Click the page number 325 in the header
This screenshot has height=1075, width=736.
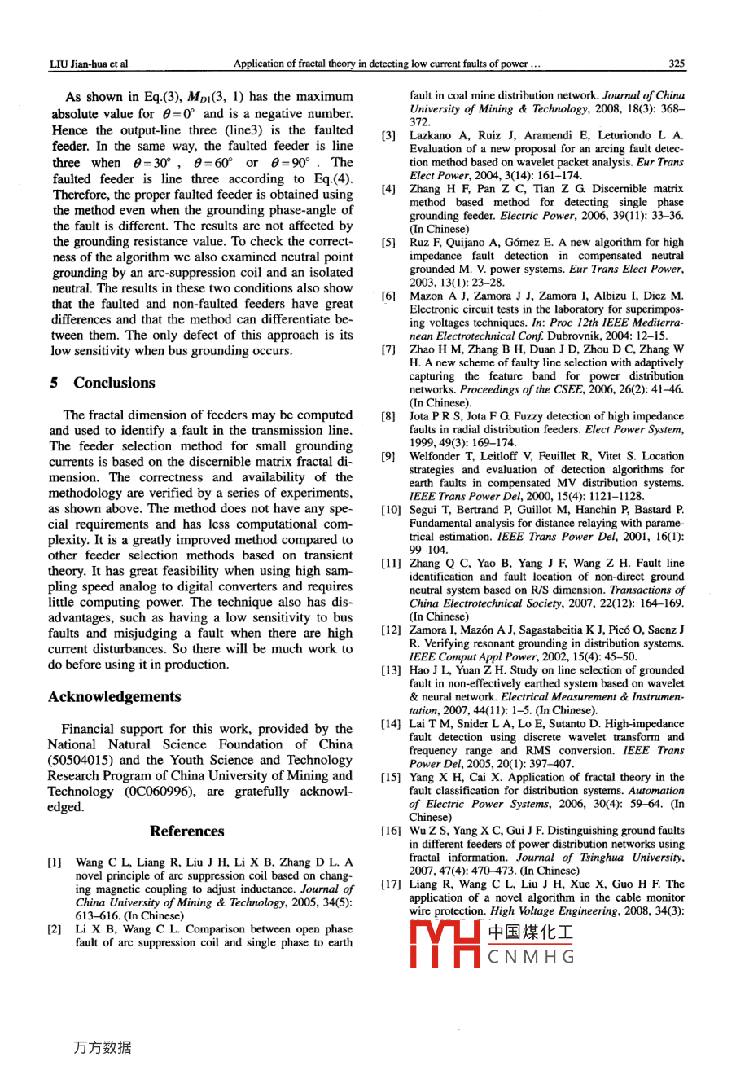pyautogui.click(x=676, y=63)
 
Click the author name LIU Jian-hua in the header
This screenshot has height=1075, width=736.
pyautogui.click(x=82, y=63)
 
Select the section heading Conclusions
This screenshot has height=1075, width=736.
pyautogui.click(x=114, y=383)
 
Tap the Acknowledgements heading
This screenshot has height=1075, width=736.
pyautogui.click(x=115, y=696)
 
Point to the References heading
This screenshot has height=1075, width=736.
pyautogui.click(x=186, y=831)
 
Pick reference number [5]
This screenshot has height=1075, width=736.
pyautogui.click(x=388, y=243)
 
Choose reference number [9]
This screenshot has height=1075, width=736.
pyautogui.click(x=388, y=457)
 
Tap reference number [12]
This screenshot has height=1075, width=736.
pyautogui.click(x=388, y=630)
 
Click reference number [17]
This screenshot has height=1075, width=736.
pyautogui.click(x=388, y=884)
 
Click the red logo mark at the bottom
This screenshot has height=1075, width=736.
pyautogui.click(x=443, y=945)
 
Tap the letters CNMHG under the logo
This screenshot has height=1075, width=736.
pyautogui.click(x=531, y=957)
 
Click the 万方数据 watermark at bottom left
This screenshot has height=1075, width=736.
pyautogui.click(x=102, y=1048)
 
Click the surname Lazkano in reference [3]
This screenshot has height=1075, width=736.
pyautogui.click(x=429, y=135)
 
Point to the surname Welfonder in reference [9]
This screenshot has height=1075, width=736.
pyautogui.click(x=436, y=457)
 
